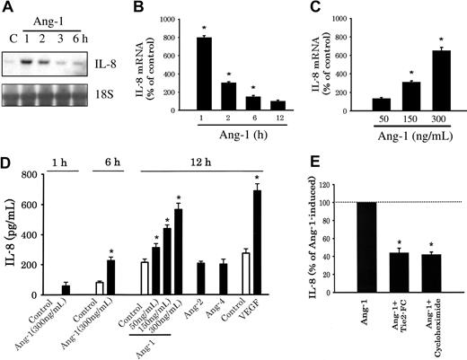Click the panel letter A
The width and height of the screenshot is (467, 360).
click(x=7, y=8)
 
